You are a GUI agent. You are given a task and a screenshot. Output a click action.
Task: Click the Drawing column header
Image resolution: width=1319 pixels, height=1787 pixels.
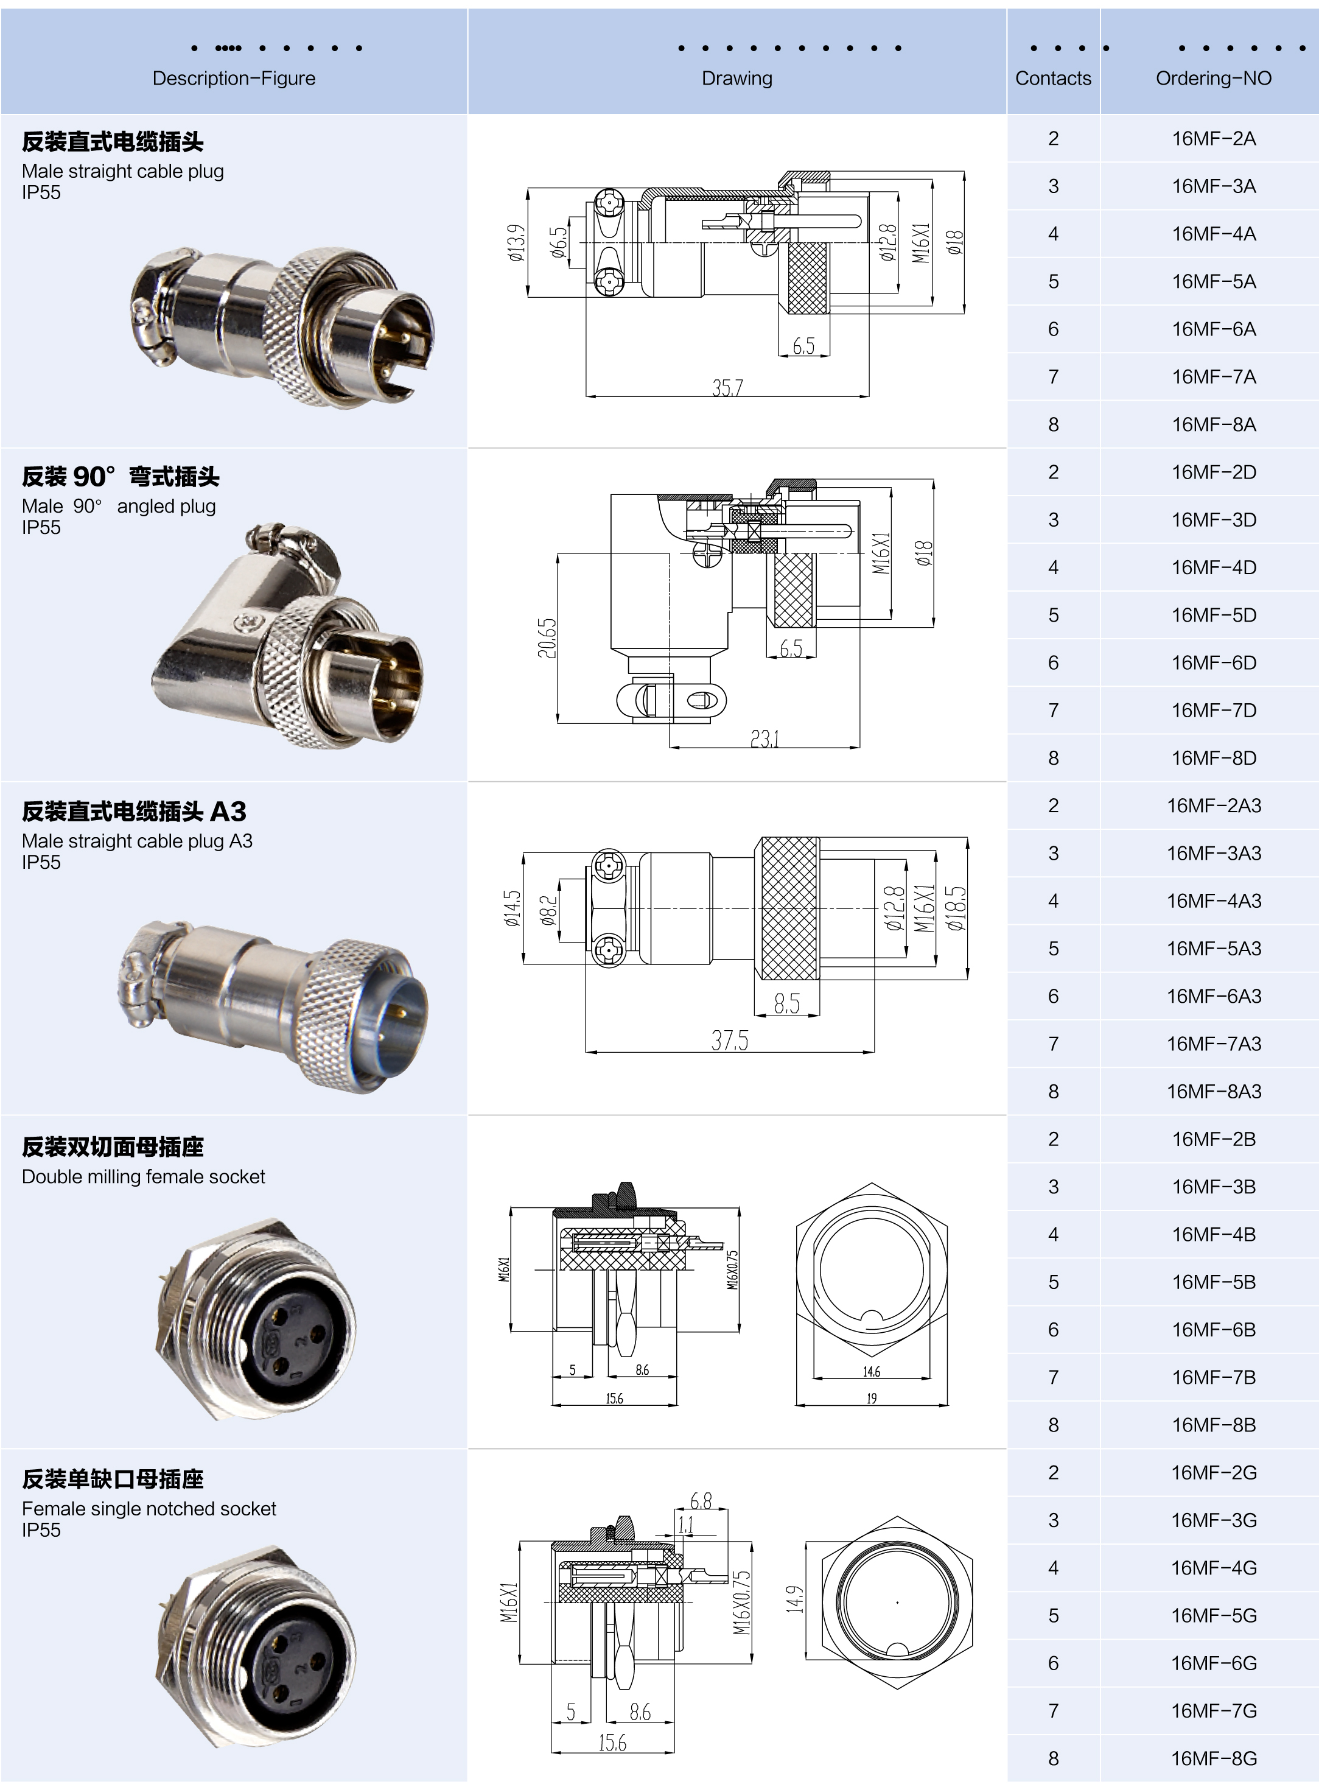(736, 79)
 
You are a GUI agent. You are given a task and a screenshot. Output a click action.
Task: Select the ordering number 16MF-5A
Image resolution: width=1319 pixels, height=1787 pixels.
(1213, 282)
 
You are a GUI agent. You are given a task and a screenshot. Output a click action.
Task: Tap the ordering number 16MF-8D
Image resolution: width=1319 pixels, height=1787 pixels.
(1213, 758)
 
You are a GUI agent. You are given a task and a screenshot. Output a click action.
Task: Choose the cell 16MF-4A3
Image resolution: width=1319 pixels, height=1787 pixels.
(1213, 901)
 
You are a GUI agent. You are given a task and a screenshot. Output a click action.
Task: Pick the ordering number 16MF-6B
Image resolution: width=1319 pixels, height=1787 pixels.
(1213, 1330)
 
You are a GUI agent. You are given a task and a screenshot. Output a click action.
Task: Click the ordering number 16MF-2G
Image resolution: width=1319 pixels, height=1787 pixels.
(1213, 1472)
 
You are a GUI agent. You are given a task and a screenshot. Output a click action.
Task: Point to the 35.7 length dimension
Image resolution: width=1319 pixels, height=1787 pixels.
(727, 387)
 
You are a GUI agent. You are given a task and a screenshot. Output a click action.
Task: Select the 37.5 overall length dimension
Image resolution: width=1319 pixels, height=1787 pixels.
(730, 1041)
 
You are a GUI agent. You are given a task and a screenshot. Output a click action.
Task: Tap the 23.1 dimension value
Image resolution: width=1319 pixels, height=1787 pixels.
(764, 739)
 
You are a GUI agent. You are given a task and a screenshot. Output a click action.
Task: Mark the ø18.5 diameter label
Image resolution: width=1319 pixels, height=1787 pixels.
(956, 908)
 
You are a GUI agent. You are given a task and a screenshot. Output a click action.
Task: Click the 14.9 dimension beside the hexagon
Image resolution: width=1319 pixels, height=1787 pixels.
(794, 1599)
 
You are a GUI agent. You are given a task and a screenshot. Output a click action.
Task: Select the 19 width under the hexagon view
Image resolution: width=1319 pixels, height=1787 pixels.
(871, 1398)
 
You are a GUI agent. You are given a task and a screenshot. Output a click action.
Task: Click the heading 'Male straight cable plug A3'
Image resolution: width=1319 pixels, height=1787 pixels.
(136, 841)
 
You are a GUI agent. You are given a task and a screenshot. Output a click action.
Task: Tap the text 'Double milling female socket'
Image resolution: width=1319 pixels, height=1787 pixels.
(143, 1176)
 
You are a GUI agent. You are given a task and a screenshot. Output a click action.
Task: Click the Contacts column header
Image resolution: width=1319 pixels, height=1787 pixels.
(1052, 79)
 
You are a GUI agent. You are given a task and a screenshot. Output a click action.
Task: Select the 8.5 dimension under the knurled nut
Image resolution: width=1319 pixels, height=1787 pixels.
(786, 1003)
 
